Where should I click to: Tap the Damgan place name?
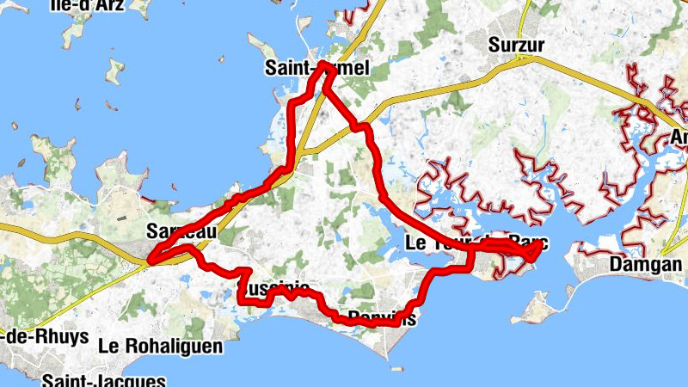coord(645,265)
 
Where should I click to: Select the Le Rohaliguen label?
coord(161,347)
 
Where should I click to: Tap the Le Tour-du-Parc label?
coord(475,245)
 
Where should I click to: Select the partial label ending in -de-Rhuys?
coord(44,336)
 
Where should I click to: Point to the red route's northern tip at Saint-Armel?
coord(324,64)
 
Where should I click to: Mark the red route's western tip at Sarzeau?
coord(150,257)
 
